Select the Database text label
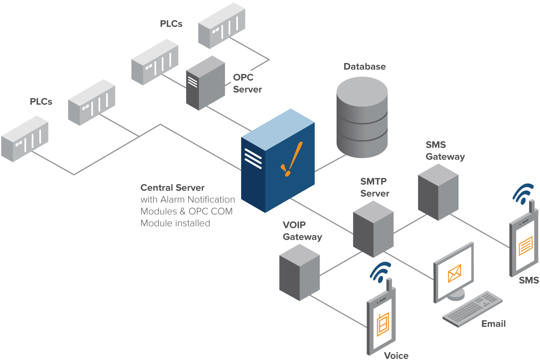pyautogui.click(x=365, y=67)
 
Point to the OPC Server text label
pyautogui.click(x=247, y=83)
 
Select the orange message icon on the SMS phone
pyautogui.click(x=526, y=247)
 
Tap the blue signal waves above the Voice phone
pyautogui.click(x=381, y=271)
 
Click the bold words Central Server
pyautogui.click(x=172, y=188)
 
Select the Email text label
pyautogui.click(x=493, y=324)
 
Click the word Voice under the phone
pyautogui.click(x=396, y=356)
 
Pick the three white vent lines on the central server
pyautogui.click(x=253, y=158)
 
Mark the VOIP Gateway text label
pyautogui.click(x=302, y=231)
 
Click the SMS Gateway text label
pyautogui.click(x=445, y=151)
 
